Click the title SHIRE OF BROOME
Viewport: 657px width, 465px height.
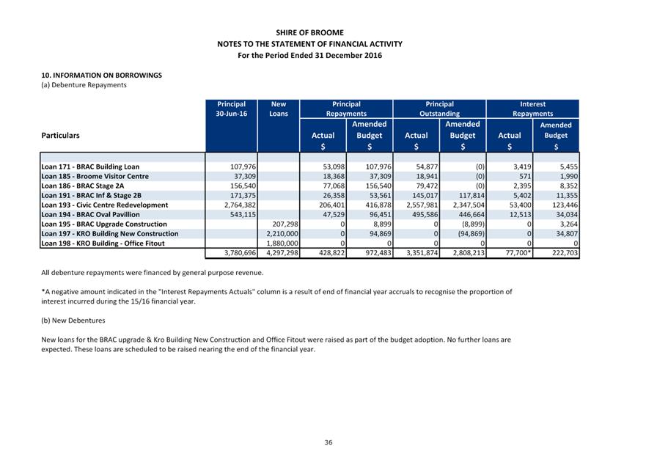309,33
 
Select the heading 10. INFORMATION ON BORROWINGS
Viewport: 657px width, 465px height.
102,75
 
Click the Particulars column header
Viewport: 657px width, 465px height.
61,136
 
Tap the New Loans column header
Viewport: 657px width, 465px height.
278,109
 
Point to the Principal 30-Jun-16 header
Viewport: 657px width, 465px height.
231,109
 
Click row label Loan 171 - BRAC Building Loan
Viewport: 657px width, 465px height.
90,167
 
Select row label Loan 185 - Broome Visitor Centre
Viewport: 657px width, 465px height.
95,177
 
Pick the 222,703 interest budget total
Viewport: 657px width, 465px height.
562,253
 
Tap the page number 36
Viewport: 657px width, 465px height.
328,442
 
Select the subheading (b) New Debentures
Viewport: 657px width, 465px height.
73,321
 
